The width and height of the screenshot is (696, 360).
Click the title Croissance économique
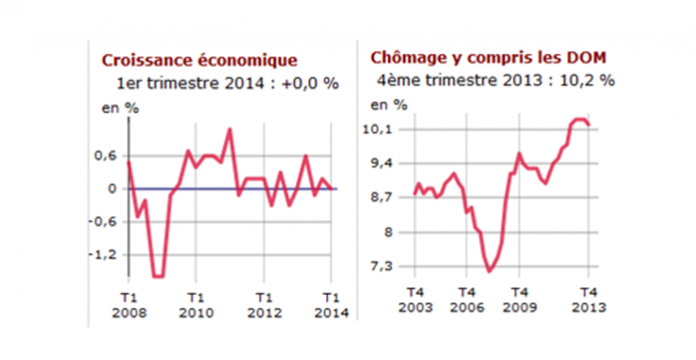(x=199, y=61)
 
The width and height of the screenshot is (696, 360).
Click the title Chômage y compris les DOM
(x=488, y=58)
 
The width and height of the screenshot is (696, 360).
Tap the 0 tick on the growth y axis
(x=111, y=189)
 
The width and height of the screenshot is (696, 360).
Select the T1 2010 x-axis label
(x=196, y=303)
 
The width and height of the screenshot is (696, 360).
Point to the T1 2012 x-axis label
(x=264, y=303)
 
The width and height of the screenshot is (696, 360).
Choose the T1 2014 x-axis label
(x=331, y=303)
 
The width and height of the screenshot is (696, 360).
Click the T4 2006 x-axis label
(x=467, y=300)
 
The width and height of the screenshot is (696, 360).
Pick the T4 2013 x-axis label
(x=587, y=300)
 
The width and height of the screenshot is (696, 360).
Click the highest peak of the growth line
(x=230, y=130)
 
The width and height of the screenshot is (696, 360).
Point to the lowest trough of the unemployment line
(x=489, y=272)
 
